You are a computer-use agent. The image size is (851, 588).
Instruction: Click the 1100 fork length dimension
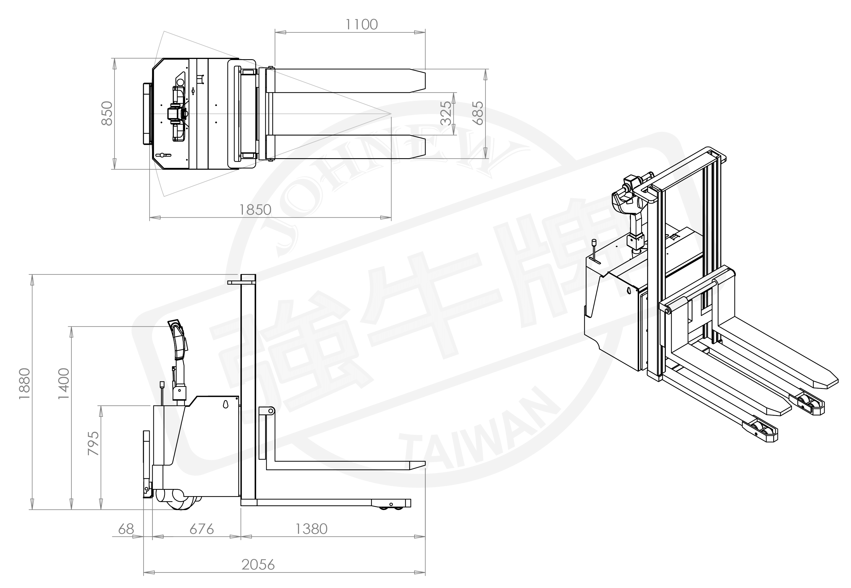(x=361, y=25)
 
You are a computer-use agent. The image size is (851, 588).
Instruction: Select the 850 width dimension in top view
(x=107, y=113)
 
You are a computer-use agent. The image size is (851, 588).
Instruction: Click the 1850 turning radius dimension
(x=255, y=210)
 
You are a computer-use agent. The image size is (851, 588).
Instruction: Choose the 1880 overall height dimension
(x=24, y=383)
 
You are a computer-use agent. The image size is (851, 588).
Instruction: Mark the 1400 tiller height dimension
(x=63, y=383)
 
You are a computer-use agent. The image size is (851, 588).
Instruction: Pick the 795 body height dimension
(x=94, y=443)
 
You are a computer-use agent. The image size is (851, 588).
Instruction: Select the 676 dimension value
(x=202, y=529)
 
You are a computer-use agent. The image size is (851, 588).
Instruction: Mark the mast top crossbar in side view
(x=242, y=282)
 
